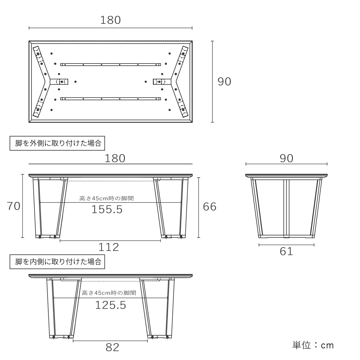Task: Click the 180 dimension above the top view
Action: tap(110, 20)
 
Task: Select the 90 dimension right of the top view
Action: tap(224, 82)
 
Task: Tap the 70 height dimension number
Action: tap(13, 206)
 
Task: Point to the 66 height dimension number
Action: tap(210, 206)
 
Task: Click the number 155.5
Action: tap(107, 209)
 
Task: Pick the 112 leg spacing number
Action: tap(109, 247)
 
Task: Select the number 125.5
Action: tap(111, 305)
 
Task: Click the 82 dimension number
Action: tap(112, 347)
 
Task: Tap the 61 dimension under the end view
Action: tap(286, 251)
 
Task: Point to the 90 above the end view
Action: tap(286, 158)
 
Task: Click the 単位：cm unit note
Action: tap(313, 345)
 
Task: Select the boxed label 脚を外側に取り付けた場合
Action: tap(58, 143)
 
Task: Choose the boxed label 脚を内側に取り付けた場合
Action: tap(58, 262)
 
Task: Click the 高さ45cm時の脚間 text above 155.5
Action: tap(106, 198)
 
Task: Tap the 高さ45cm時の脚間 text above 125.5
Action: tap(109, 293)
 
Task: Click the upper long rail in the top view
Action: tap(110, 64)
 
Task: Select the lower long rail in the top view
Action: tap(110, 99)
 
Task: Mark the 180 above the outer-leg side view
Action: tap(115, 158)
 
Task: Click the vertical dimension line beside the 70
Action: tap(23, 206)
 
